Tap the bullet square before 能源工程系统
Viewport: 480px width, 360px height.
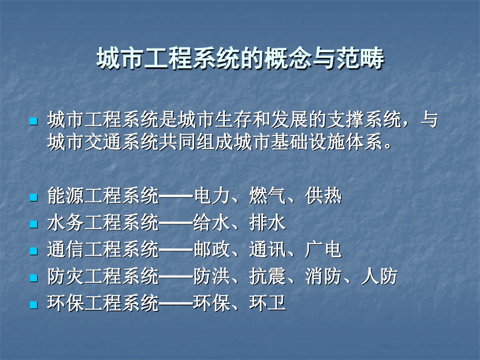(34, 198)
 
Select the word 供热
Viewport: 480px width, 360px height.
(324, 197)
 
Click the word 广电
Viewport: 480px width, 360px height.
(324, 250)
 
